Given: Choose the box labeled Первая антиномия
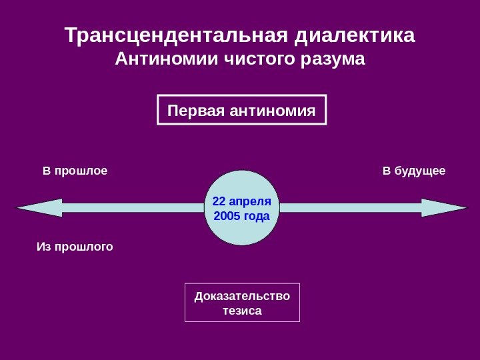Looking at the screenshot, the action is click(x=242, y=110).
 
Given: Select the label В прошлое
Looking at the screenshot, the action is click(x=75, y=171).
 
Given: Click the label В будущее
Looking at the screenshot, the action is click(x=414, y=171).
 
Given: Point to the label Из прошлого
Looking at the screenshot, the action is click(x=75, y=247).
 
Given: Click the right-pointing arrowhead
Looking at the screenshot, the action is click(x=445, y=208).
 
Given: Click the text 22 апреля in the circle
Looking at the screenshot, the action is click(x=241, y=201).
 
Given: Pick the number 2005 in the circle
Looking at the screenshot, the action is click(x=226, y=216).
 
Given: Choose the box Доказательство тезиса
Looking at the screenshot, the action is click(x=242, y=302).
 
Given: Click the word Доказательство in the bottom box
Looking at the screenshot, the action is click(x=242, y=296).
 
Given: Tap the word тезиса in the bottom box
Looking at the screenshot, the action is click(x=242, y=311).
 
